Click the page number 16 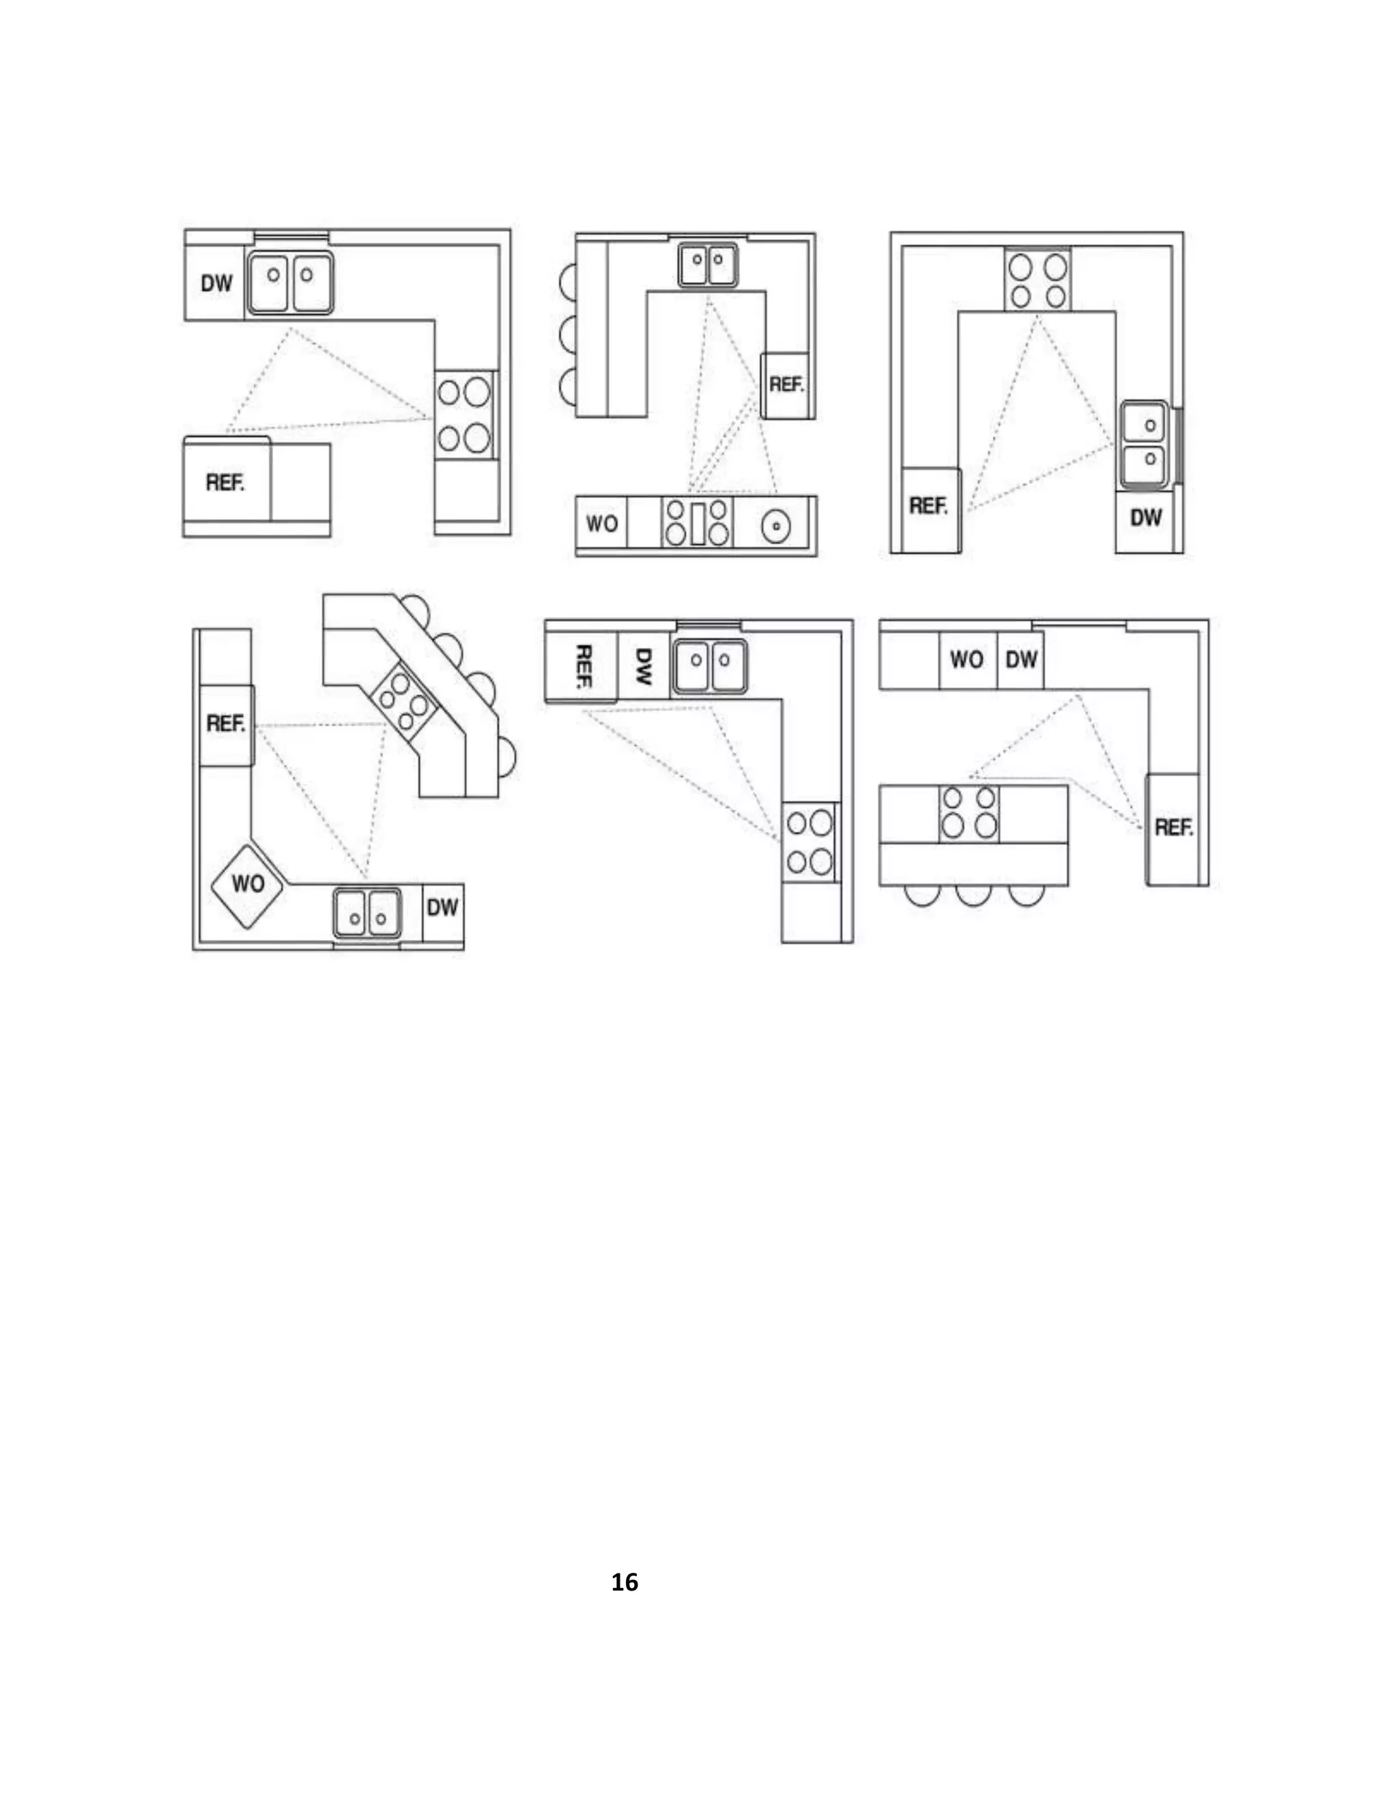click(x=625, y=1582)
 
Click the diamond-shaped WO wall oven click(x=248, y=884)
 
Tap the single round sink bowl click(x=776, y=525)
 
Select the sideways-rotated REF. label click(x=582, y=667)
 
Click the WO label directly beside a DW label click(x=967, y=659)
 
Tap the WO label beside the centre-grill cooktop click(x=601, y=524)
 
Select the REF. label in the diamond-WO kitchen click(x=225, y=724)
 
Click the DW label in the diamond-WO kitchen click(x=442, y=908)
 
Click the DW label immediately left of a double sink click(x=216, y=283)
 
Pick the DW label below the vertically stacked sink click(x=1145, y=517)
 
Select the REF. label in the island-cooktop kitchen click(x=1173, y=827)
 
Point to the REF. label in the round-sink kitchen click(x=785, y=384)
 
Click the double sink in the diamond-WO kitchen click(x=367, y=913)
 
